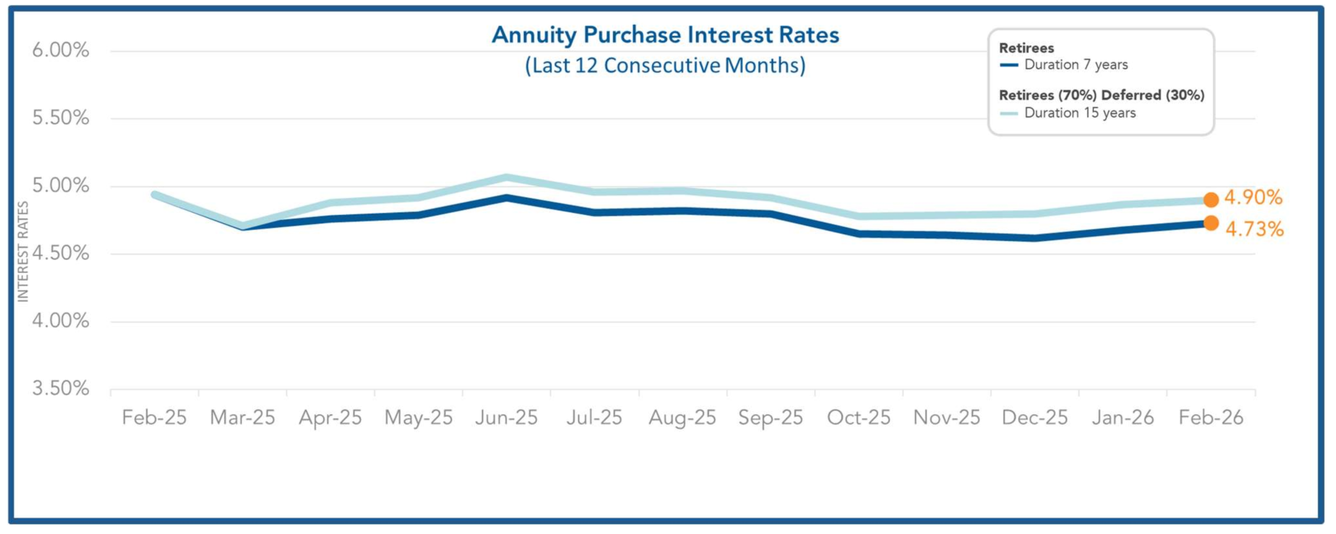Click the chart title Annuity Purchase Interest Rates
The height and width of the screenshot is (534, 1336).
[x=665, y=35]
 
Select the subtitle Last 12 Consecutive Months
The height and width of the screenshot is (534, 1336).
[x=665, y=66]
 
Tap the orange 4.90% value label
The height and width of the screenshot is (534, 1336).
[x=1253, y=198]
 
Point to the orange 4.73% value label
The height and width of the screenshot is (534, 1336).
[x=1254, y=229]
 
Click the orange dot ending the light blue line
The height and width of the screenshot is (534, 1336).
[x=1211, y=200]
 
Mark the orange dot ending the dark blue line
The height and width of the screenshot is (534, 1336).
[x=1211, y=223]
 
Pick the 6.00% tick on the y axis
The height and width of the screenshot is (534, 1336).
[x=61, y=50]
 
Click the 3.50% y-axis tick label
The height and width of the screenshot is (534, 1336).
[x=61, y=389]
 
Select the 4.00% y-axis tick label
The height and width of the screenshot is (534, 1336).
[x=61, y=321]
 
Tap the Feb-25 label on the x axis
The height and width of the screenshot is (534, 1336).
[x=154, y=418]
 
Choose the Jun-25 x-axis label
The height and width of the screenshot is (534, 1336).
[x=506, y=418]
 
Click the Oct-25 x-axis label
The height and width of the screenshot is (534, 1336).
[x=858, y=418]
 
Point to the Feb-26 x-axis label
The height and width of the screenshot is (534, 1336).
[x=1211, y=418]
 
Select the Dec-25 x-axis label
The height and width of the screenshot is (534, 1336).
[x=1035, y=418]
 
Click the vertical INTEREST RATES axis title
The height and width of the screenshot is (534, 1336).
[x=23, y=251]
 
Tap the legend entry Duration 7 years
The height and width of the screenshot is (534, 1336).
[x=1075, y=65]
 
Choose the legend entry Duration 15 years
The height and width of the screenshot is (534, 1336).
[x=1079, y=113]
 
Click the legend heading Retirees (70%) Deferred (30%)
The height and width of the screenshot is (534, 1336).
[x=1102, y=95]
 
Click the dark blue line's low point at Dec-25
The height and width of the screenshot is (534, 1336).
[x=1035, y=238]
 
